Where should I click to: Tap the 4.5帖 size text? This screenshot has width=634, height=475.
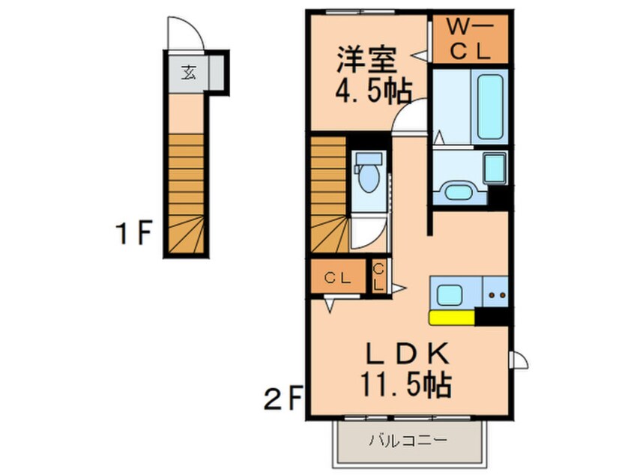tap(372, 92)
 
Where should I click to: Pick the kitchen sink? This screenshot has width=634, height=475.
tap(453, 294)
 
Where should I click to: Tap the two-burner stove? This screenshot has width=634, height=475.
tap(495, 294)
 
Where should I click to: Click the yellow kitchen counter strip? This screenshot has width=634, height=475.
tap(451, 318)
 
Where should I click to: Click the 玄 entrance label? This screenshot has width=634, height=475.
tap(188, 73)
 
